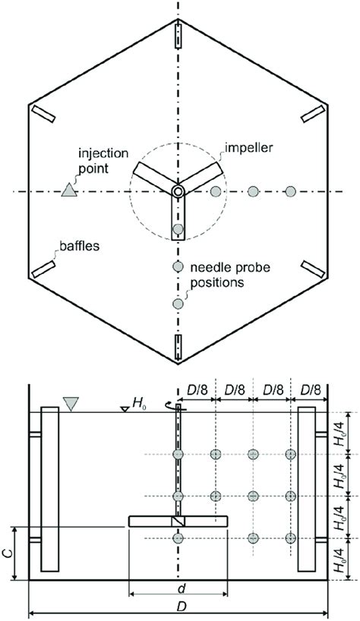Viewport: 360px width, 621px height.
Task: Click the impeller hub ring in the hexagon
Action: [178, 191]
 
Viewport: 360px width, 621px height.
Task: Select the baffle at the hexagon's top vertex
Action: [178, 35]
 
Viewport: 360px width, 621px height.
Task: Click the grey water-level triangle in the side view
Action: [71, 405]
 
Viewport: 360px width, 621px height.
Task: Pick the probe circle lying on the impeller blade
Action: [178, 229]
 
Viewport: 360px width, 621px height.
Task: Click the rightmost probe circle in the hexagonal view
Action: [290, 191]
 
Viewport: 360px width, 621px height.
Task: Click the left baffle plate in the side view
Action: [50, 489]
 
